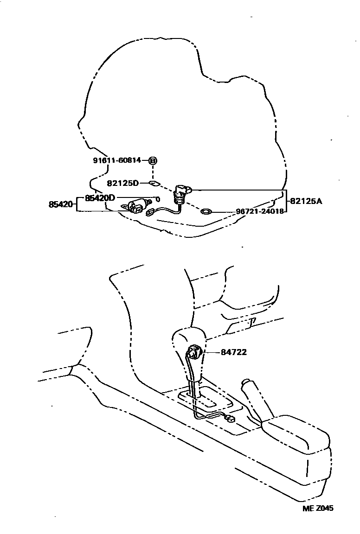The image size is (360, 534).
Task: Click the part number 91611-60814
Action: tap(118, 161)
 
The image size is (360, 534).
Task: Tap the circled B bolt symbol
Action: tap(153, 161)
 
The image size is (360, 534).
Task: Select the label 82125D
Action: tap(123, 183)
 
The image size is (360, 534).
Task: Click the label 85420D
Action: tap(100, 198)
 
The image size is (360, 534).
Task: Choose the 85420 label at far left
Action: tap(61, 204)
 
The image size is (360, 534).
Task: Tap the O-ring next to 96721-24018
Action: tap(206, 212)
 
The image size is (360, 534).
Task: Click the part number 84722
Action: tap(233, 352)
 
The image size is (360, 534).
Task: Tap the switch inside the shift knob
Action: tap(194, 355)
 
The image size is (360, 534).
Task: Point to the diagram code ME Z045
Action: tap(318, 508)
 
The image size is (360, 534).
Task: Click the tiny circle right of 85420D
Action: tap(158, 199)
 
